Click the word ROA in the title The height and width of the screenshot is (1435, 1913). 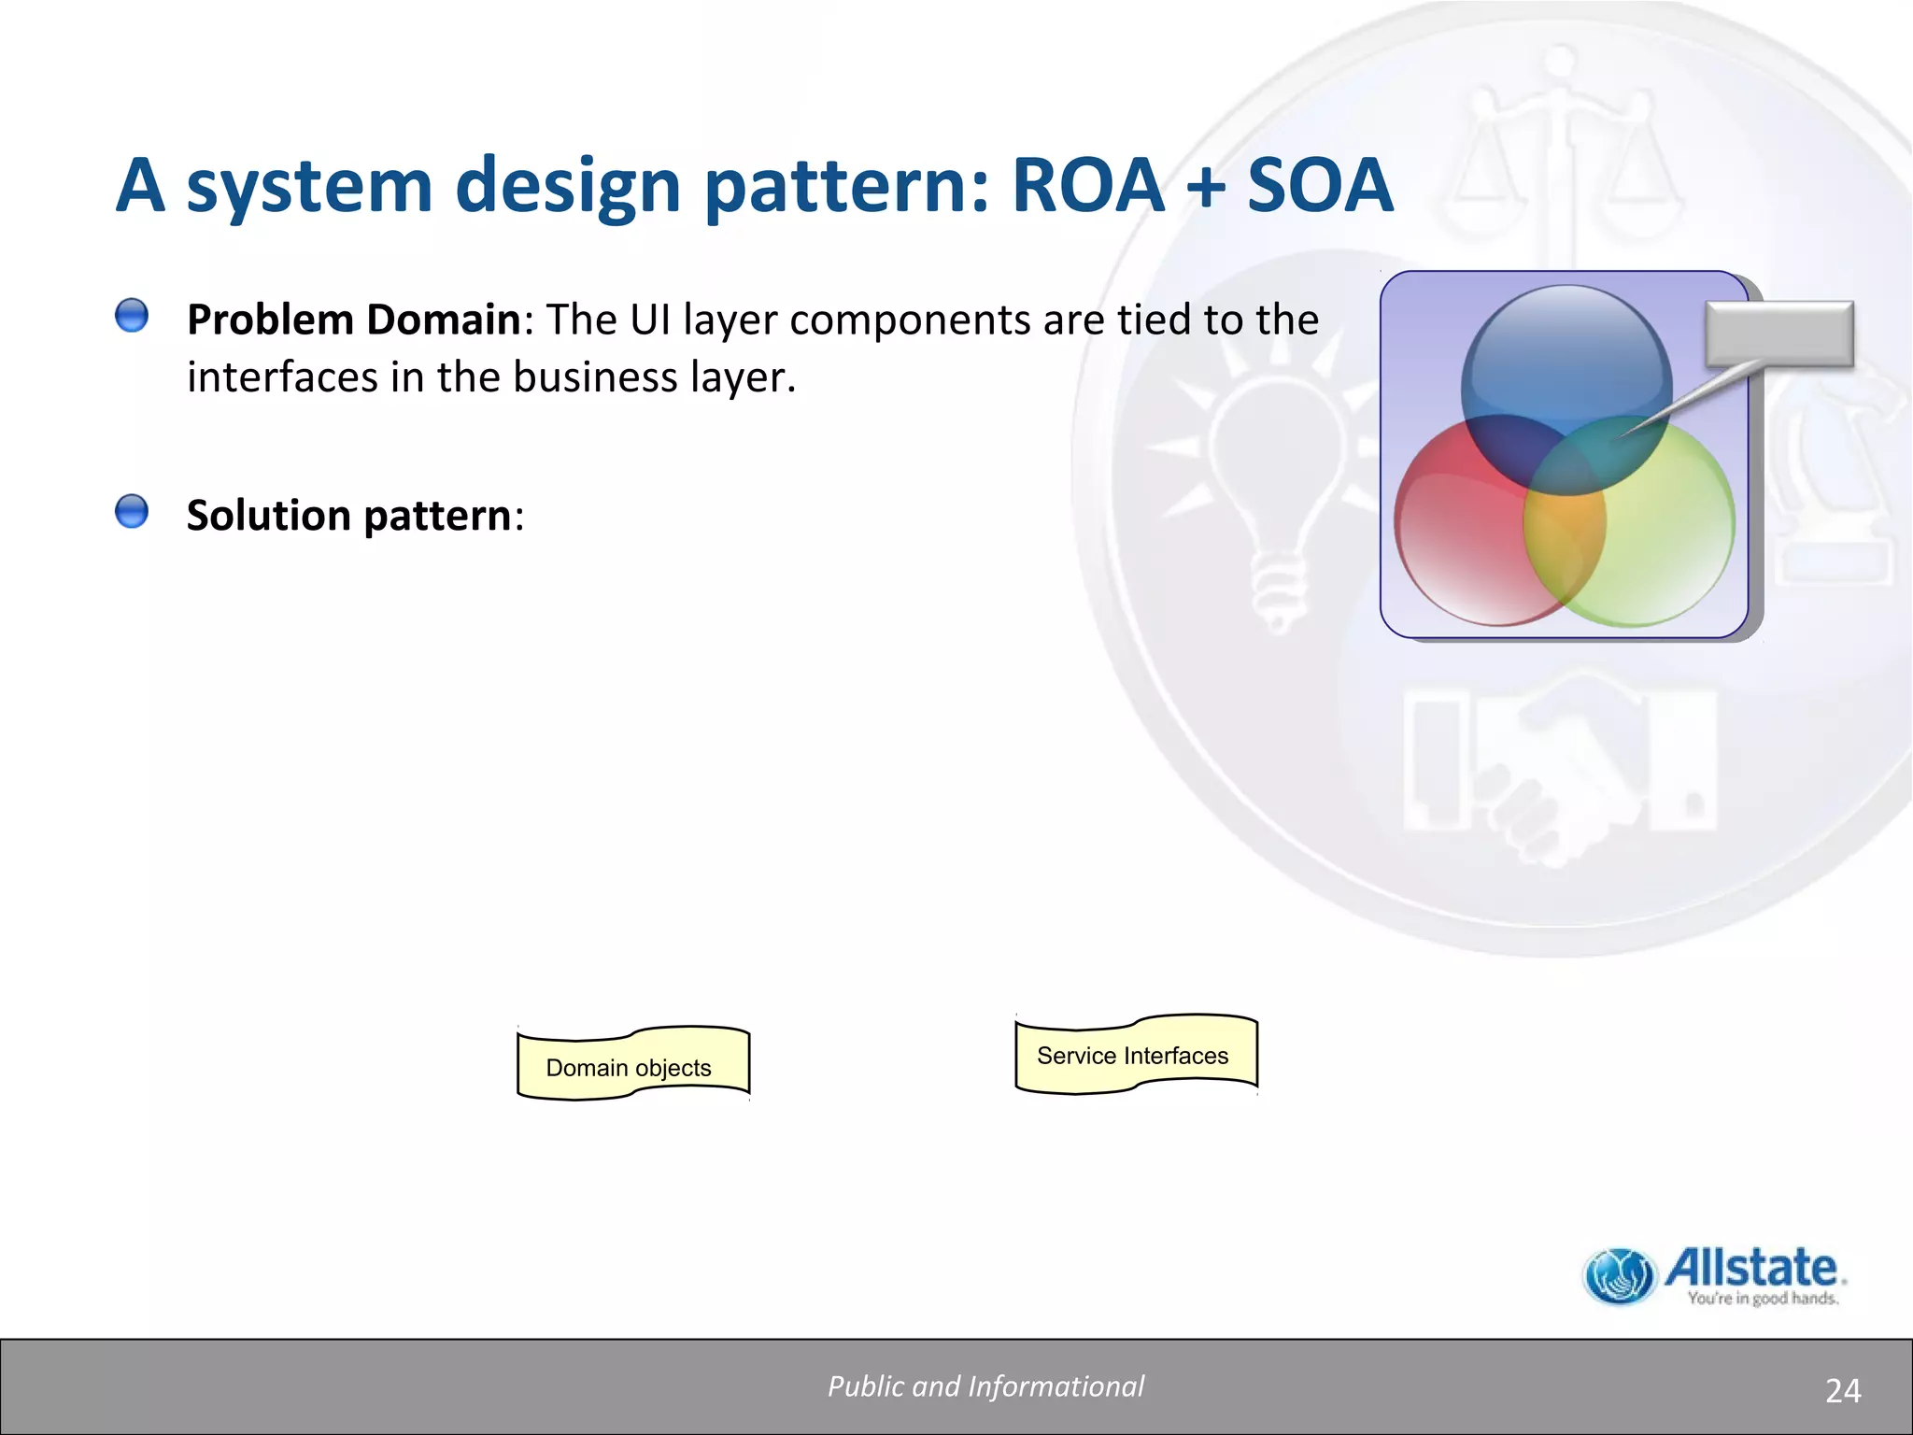click(x=1087, y=185)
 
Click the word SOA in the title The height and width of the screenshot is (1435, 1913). click(x=1319, y=185)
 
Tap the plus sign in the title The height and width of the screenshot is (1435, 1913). click(x=1206, y=187)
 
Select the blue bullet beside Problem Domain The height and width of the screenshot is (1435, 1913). click(x=132, y=316)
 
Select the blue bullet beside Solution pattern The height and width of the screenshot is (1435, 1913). click(x=132, y=512)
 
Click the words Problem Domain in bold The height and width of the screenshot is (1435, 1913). click(x=353, y=320)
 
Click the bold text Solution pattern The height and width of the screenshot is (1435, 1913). click(x=348, y=516)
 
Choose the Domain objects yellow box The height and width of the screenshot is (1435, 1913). click(x=632, y=1065)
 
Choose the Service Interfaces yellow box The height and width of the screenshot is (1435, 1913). click(x=1135, y=1055)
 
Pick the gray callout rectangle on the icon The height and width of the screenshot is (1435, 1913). click(x=1778, y=333)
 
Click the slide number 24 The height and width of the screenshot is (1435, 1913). click(x=1842, y=1391)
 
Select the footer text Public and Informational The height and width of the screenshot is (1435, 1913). click(x=985, y=1386)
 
